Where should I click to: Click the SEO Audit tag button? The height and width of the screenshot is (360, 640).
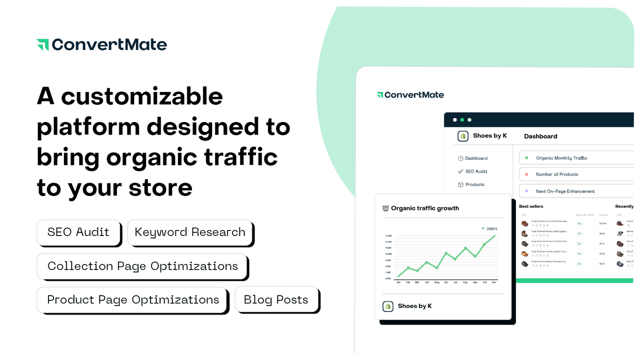78,232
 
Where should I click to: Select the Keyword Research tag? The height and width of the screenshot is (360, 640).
190,232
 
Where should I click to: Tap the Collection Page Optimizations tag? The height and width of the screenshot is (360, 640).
142,266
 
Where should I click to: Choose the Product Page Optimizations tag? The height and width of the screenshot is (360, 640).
133,299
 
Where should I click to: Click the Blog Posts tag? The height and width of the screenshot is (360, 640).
276,299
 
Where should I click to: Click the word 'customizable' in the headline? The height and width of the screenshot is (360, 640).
142,95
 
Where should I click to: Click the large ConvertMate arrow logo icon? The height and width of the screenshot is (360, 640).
42,44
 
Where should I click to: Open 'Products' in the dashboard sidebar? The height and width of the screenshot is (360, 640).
474,184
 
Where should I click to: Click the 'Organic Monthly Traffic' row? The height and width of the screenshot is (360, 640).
561,158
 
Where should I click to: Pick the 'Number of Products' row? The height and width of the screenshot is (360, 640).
556,174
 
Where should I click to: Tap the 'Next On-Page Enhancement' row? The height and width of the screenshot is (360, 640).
565,191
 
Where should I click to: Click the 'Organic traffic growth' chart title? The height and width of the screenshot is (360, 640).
424,208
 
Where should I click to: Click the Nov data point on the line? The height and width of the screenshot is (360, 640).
495,235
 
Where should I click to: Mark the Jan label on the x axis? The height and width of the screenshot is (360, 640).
398,282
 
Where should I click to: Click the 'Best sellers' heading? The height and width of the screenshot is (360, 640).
531,206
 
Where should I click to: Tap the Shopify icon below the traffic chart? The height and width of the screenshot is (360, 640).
388,306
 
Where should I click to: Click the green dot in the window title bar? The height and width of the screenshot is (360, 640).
462,120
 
